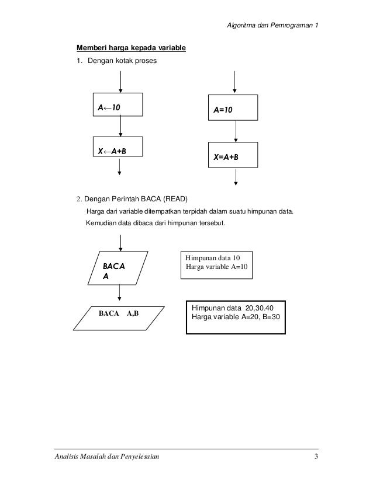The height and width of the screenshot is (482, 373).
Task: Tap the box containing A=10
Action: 234,108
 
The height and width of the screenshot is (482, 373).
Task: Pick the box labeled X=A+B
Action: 234,156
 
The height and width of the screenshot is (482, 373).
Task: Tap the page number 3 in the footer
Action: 316,456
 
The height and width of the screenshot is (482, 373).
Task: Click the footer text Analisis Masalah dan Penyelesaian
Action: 105,456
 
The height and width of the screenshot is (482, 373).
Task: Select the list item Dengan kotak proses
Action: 122,61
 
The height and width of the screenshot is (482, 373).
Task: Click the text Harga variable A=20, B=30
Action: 236,317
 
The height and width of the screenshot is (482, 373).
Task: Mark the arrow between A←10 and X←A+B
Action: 120,126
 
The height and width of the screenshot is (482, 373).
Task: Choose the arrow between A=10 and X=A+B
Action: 234,132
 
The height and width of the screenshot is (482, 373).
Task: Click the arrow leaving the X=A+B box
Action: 234,177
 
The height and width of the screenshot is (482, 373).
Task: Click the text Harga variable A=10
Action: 216,266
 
